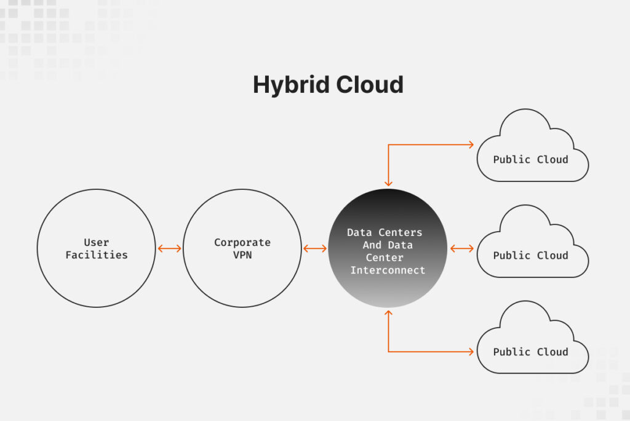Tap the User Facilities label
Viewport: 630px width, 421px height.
(x=97, y=248)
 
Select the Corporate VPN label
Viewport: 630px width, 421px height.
(x=242, y=248)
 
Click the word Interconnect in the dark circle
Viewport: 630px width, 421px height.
(x=388, y=270)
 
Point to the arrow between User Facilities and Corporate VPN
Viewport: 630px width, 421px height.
(x=169, y=248)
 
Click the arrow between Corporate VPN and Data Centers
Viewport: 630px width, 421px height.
(x=315, y=248)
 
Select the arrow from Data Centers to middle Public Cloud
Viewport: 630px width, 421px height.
(x=461, y=248)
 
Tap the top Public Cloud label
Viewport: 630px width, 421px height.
(x=530, y=159)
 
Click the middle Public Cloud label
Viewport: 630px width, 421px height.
(x=530, y=255)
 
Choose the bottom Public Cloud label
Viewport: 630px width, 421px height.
(x=530, y=352)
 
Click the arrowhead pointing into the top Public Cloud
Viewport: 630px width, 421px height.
(x=471, y=145)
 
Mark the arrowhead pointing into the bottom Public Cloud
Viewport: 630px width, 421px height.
(x=471, y=352)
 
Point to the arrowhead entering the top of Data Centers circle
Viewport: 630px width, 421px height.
(x=388, y=183)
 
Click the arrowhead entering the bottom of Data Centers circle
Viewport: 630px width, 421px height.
(x=388, y=313)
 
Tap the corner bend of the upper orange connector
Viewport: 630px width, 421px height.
(x=388, y=145)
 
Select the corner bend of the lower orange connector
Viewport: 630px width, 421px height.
(x=388, y=352)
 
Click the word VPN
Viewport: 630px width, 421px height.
(x=242, y=254)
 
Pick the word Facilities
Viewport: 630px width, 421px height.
(x=97, y=254)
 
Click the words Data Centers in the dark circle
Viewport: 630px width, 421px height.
(x=385, y=232)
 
